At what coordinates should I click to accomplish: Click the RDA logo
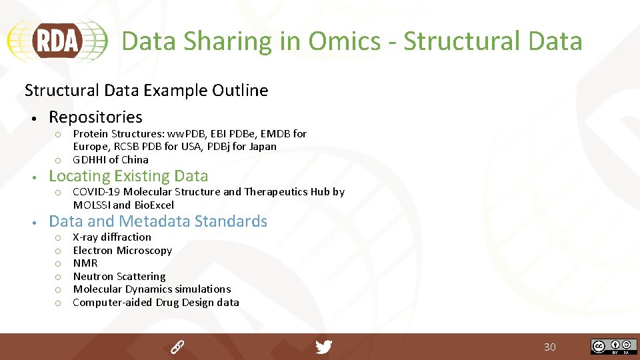pyautogui.click(x=57, y=41)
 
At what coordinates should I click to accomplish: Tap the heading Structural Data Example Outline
pyautogui.click(x=146, y=90)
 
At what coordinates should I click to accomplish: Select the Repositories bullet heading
pyautogui.click(x=95, y=117)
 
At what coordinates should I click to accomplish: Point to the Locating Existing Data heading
pyautogui.click(x=128, y=176)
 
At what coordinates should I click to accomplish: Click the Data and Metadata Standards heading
pyautogui.click(x=158, y=221)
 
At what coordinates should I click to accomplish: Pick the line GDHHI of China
pyautogui.click(x=111, y=159)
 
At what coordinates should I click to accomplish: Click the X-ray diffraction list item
pyautogui.click(x=112, y=237)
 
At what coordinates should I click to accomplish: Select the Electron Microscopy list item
pyautogui.click(x=122, y=251)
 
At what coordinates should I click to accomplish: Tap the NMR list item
pyautogui.click(x=85, y=263)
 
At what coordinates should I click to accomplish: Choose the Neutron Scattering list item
pyautogui.click(x=119, y=276)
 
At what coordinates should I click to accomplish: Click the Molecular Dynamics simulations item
pyautogui.click(x=151, y=289)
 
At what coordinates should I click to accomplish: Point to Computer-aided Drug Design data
pyautogui.click(x=155, y=303)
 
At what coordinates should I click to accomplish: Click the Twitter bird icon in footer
pyautogui.click(x=323, y=347)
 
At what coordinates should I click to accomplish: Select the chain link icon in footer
pyautogui.click(x=177, y=347)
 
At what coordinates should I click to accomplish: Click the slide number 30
pyautogui.click(x=549, y=347)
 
